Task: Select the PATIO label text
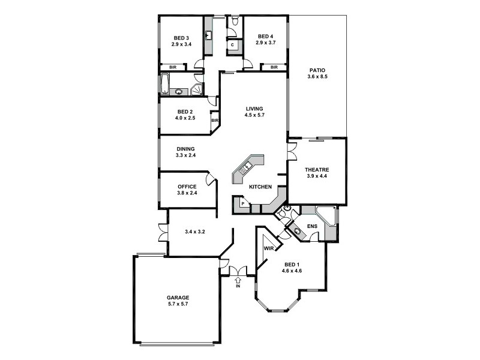pos(317,70)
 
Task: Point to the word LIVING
pos(254,109)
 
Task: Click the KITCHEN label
pos(260,187)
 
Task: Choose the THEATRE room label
pos(317,170)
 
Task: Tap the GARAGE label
pos(178,297)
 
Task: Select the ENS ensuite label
pos(312,226)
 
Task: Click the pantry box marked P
pos(242,204)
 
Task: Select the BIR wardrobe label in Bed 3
pos(173,67)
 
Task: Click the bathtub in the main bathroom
pos(165,83)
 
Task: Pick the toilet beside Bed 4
pos(235,22)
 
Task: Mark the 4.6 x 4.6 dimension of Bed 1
pos(292,271)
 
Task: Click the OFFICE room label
pos(187,187)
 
